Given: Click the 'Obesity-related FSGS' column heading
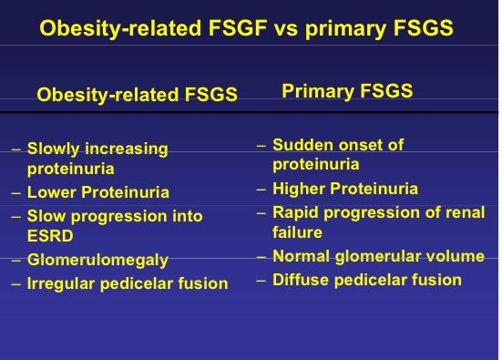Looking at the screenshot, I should click(x=137, y=95).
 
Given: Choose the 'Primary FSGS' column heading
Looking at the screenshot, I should click(x=347, y=90).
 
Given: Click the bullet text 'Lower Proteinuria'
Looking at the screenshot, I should click(x=97, y=192).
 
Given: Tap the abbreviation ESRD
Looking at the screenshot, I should click(x=47, y=237).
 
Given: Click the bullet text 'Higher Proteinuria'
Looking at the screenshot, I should click(x=344, y=189).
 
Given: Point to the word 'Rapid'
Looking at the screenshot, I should click(x=294, y=211).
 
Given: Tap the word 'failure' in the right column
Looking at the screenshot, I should click(x=297, y=232).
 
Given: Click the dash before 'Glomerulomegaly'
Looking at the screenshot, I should click(x=15, y=261).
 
